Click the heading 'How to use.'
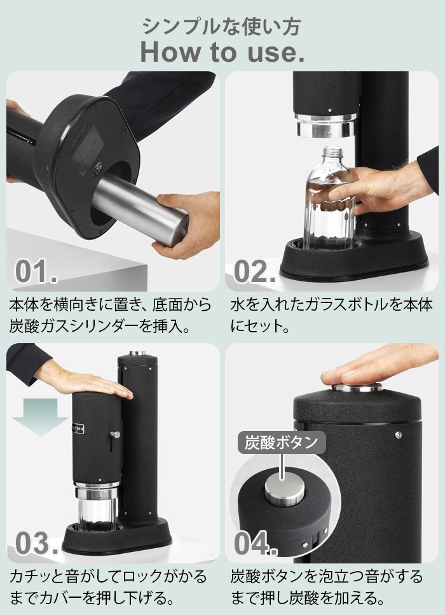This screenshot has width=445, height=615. tap(222, 52)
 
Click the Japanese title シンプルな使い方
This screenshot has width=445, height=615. tap(222, 26)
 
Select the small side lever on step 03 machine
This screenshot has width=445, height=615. tap(115, 434)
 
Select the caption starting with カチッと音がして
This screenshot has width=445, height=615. tap(108, 587)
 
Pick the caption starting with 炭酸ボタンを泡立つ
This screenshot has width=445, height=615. tap(327, 587)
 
